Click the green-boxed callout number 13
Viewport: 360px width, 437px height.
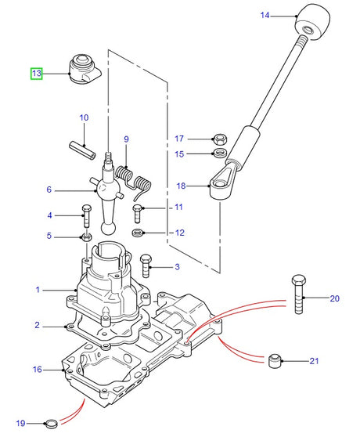coord(36,74)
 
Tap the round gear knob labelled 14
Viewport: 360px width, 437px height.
coord(312,22)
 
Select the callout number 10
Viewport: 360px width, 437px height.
coord(84,117)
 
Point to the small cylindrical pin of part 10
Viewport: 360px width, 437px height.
coord(82,150)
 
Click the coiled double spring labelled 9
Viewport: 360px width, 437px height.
coord(133,181)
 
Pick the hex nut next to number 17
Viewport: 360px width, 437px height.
coord(220,139)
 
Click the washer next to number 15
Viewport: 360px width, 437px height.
coord(220,153)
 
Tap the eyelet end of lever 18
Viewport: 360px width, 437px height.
coord(220,187)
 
